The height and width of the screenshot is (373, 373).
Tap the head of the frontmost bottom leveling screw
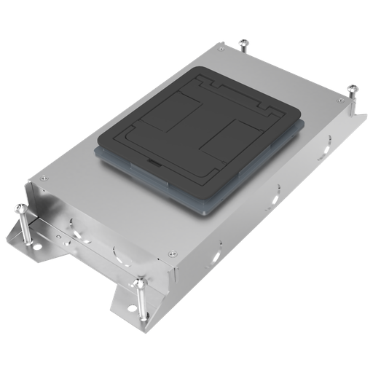[138, 282]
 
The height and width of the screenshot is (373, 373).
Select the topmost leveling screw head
[243, 43]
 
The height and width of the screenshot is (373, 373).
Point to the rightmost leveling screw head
[354, 88]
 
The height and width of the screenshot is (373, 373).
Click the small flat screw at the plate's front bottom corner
[172, 254]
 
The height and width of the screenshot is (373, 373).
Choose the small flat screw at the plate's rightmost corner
[339, 99]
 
